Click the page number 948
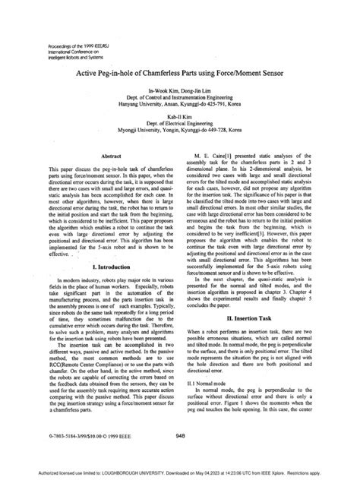point(179,435)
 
